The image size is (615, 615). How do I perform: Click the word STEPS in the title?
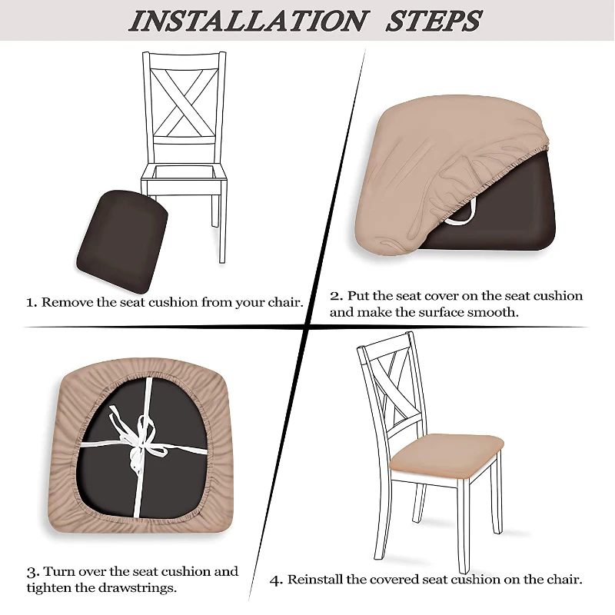[434, 21]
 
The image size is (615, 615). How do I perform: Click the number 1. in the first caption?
[32, 302]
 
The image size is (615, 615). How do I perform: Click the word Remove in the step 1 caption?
[68, 302]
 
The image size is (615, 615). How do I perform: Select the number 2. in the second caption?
[336, 296]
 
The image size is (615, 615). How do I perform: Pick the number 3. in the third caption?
[32, 572]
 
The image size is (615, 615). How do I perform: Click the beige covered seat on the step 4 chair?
[445, 454]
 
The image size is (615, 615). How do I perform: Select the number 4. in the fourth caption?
[276, 580]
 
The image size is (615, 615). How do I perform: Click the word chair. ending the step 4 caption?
[563, 579]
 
